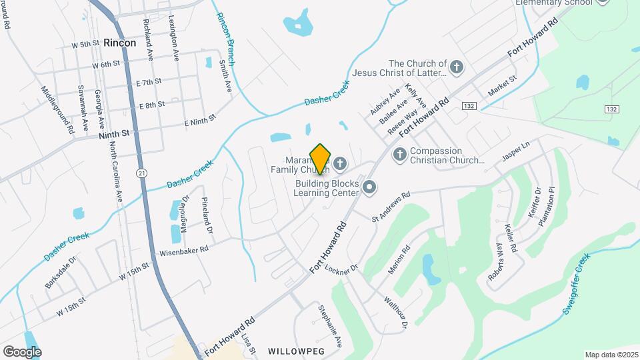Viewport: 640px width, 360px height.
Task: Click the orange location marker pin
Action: pyautogui.click(x=321, y=159)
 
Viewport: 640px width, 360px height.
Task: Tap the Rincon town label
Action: pyautogui.click(x=120, y=43)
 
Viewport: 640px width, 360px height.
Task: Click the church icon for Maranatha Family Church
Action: pyautogui.click(x=341, y=163)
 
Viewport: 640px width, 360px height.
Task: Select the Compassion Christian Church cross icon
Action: pyautogui.click(x=400, y=154)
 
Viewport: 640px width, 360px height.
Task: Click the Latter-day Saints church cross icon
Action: pyautogui.click(x=457, y=67)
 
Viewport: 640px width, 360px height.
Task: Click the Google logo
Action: pyautogui.click(x=22, y=351)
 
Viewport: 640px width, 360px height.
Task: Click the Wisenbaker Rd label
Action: pyautogui.click(x=184, y=251)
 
